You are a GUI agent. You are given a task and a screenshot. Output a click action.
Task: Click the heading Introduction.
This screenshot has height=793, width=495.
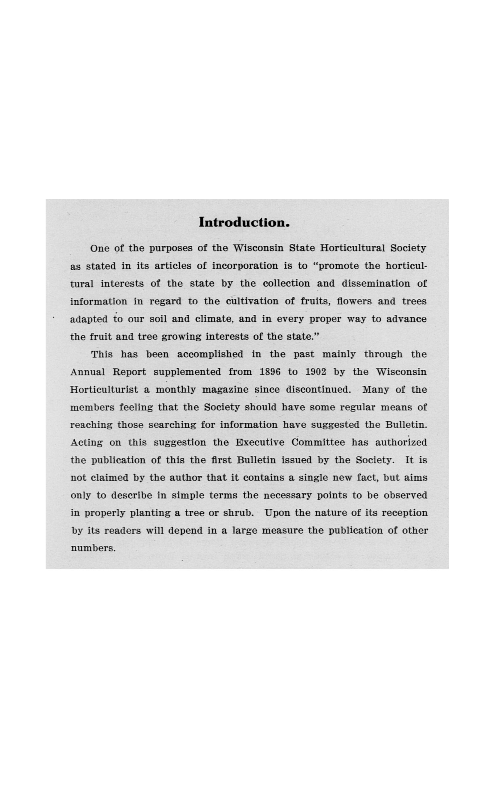pos(244,222)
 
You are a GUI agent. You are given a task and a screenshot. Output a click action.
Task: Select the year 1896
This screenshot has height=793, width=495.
pos(270,372)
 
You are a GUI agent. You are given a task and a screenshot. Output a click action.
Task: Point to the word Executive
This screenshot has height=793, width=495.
pos(259,443)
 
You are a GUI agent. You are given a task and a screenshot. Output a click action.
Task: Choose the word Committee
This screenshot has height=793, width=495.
pos(318,443)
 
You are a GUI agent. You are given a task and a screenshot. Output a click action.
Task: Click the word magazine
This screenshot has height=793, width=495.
pos(225,390)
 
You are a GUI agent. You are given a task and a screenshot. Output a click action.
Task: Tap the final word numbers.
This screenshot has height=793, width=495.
pos(93,548)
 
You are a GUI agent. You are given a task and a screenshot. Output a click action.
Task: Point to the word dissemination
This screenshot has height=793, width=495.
pos(376,284)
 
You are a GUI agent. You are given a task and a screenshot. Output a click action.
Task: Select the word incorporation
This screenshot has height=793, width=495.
pos(245,266)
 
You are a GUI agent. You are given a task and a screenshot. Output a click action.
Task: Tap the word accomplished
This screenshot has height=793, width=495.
pos(210,355)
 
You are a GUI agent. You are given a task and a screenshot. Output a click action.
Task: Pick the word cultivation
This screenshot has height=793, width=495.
pos(252,301)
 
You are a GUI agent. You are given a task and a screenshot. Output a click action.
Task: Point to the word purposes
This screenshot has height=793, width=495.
pos(171,248)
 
